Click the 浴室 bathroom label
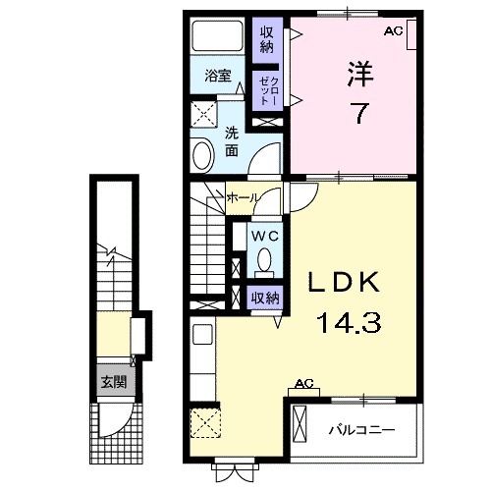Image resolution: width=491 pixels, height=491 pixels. pos(218,76)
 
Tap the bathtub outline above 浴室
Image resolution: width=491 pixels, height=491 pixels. pos(217,35)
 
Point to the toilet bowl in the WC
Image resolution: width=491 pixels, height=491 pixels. pos(264,260)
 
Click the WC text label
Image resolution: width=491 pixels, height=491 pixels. pos(264,236)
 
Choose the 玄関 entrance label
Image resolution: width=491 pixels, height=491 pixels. pos(113,382)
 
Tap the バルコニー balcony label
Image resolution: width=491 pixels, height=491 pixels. pos(361,429)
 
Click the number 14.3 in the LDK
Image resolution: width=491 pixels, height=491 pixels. pos(349,322)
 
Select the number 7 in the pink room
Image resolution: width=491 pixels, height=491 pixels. pos(359,113)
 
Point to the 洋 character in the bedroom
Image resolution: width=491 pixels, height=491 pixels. pos(360,74)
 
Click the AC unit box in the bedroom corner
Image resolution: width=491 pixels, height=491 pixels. pos(411,34)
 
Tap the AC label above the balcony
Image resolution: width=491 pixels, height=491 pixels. pos(304,383)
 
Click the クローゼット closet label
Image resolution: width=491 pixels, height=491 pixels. pos(267,90)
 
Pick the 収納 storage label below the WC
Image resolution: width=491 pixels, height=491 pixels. pos(265,298)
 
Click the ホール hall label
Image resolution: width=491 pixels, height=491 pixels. pos(244,197)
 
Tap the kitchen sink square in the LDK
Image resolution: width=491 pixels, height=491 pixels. pos(203,334)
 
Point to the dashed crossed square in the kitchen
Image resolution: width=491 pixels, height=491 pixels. pos(205,423)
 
